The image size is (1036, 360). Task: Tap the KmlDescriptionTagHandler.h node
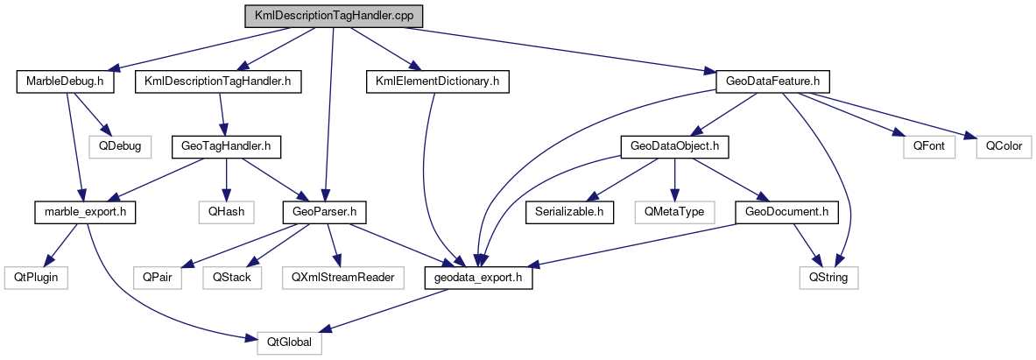(x=218, y=81)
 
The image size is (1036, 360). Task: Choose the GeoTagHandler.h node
(x=226, y=145)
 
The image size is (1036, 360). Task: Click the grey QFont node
(x=928, y=145)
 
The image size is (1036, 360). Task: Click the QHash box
(x=226, y=211)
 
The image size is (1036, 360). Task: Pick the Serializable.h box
(x=569, y=211)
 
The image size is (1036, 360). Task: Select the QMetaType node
(x=675, y=211)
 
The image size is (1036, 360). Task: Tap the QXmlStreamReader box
(x=340, y=278)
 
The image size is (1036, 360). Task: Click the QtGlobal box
(x=289, y=342)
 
